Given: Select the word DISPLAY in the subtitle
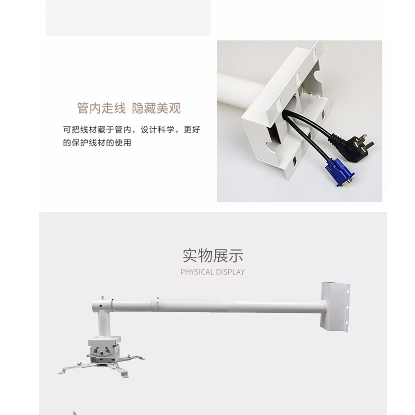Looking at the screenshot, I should [229, 272].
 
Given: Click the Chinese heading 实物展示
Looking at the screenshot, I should [213, 256].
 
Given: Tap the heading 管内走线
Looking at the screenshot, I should [101, 108].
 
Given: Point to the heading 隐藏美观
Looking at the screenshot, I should [156, 108].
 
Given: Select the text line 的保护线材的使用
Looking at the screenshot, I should [97, 143].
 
